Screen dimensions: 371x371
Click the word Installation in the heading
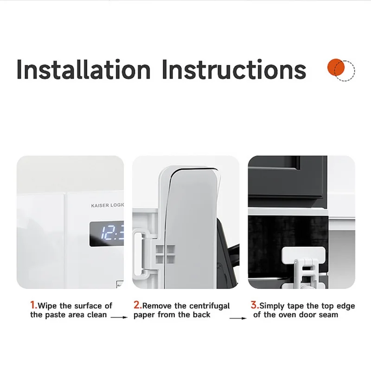click(x=83, y=69)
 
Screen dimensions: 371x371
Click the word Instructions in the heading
click(x=234, y=69)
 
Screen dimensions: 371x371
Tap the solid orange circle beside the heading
click(x=336, y=67)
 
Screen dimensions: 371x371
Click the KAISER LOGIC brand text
click(x=108, y=205)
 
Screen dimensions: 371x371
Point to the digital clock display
click(x=107, y=234)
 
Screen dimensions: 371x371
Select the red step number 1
click(x=33, y=305)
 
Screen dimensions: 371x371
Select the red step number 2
click(x=137, y=305)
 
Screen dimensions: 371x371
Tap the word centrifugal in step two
click(x=210, y=307)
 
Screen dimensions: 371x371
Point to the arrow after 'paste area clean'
click(x=119, y=317)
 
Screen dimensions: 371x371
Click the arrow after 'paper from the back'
click(x=238, y=318)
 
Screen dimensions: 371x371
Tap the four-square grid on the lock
click(x=165, y=254)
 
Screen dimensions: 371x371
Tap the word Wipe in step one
click(x=47, y=306)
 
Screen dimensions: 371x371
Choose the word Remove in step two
click(x=157, y=306)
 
